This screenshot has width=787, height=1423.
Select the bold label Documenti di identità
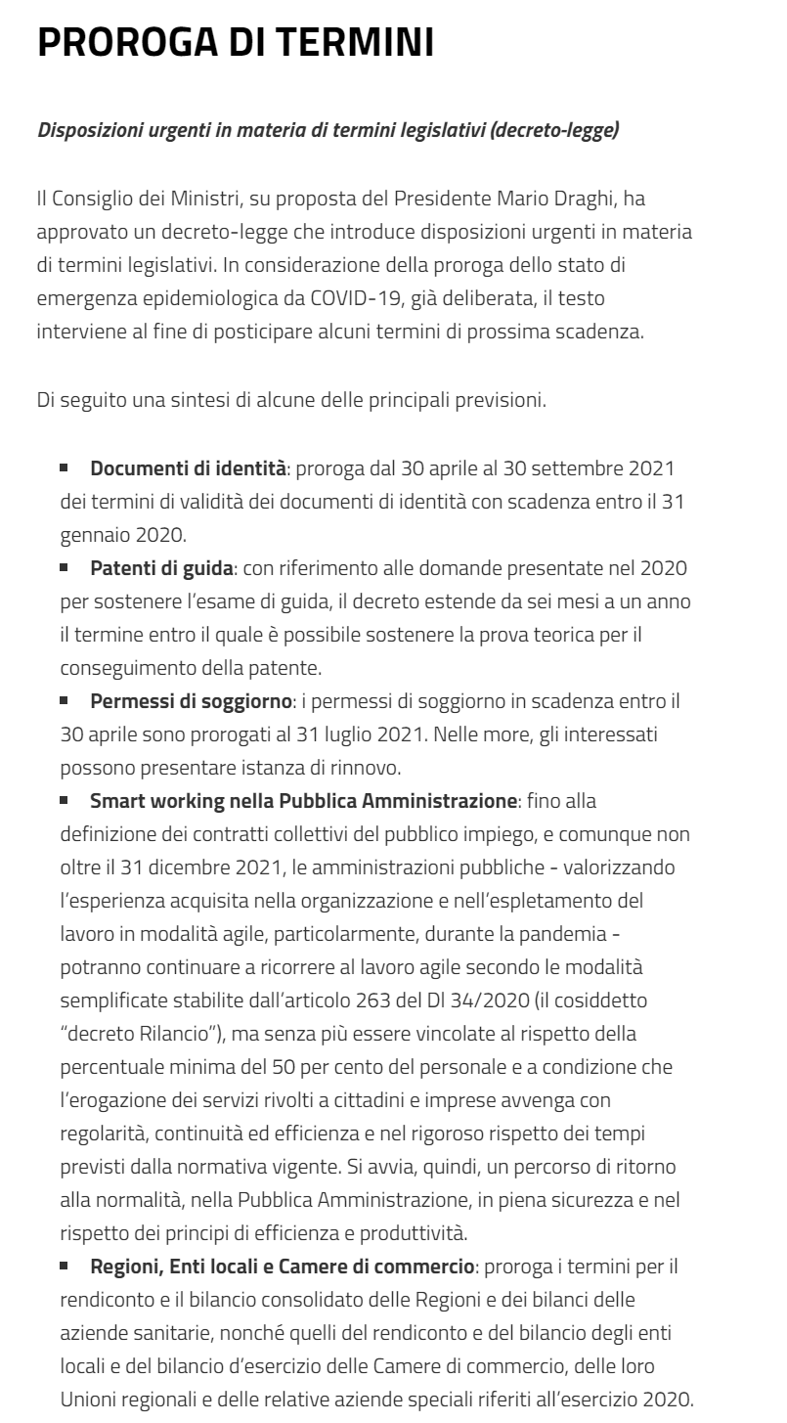click(x=189, y=468)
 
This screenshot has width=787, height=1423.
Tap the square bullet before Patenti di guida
click(x=65, y=566)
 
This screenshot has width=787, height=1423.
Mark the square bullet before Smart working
click(x=65, y=800)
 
